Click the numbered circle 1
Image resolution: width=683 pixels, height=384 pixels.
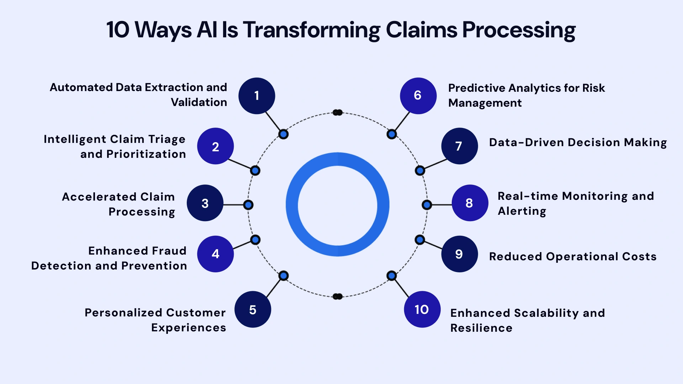(x=256, y=96)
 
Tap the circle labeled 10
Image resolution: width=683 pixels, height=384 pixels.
(x=422, y=309)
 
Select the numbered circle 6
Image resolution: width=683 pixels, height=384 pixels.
(x=418, y=96)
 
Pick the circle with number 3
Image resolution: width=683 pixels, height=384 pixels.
(x=205, y=203)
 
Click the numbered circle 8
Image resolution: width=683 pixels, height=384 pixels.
(x=470, y=203)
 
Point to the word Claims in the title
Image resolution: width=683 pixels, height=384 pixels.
(x=422, y=30)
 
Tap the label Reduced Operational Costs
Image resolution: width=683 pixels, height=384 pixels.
(x=572, y=256)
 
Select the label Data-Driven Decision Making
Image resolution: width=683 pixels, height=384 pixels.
(x=578, y=142)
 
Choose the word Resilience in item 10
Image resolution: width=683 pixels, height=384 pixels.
(x=481, y=328)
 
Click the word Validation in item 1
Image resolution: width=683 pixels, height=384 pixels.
(x=199, y=102)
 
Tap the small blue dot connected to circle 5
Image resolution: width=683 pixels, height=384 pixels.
(x=284, y=276)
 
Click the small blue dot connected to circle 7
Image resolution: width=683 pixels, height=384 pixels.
(x=420, y=171)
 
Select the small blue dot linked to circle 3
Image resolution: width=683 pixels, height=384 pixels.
(x=248, y=205)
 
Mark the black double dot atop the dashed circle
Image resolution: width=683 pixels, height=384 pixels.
(x=337, y=113)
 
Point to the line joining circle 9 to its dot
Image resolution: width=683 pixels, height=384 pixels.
(x=433, y=245)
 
